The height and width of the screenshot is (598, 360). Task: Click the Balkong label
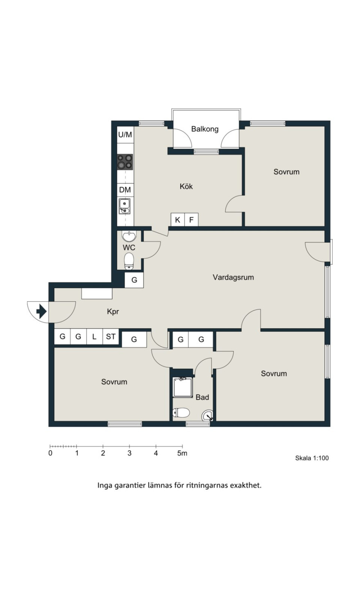205,129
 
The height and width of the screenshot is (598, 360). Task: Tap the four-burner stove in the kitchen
125,162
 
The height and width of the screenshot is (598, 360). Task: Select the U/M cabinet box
125,135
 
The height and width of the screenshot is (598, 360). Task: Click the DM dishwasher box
125,190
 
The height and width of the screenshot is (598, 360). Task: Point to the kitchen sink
124,206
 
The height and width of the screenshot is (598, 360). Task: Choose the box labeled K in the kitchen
178,220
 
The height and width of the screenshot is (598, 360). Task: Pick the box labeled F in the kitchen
191,220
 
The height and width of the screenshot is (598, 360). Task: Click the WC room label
129,248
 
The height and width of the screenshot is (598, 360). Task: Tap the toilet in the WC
129,261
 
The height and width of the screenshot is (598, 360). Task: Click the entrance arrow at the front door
41,311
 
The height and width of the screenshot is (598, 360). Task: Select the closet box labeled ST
111,337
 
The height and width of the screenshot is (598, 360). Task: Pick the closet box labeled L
94,337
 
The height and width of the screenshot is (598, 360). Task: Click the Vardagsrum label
233,277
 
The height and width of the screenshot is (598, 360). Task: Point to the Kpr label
113,311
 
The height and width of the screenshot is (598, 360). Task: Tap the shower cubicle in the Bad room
183,387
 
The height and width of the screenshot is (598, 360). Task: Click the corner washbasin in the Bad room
208,415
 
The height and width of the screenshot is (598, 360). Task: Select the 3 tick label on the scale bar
129,453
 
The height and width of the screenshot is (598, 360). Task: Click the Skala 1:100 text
312,458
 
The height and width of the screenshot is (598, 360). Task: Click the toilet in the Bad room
181,412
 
